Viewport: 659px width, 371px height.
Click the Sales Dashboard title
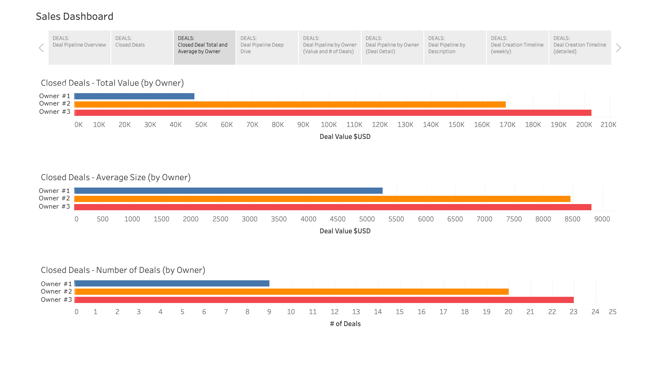pyautogui.click(x=75, y=16)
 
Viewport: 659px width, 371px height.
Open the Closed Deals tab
pyautogui.click(x=142, y=47)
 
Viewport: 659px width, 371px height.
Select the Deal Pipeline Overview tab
pyautogui.click(x=79, y=47)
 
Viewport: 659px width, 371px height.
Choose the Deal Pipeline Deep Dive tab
pyautogui.click(x=267, y=47)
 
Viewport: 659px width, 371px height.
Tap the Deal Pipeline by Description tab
pyautogui.click(x=455, y=47)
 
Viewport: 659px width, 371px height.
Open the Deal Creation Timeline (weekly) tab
pyautogui.click(x=517, y=47)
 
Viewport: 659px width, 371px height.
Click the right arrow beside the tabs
pyautogui.click(x=618, y=48)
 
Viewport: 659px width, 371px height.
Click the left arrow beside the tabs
pyautogui.click(x=41, y=48)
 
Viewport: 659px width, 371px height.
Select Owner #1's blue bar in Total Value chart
pyautogui.click(x=134, y=96)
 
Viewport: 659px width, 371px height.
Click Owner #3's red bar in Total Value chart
pyautogui.click(x=333, y=113)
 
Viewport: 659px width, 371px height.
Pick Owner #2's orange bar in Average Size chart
pyautogui.click(x=322, y=199)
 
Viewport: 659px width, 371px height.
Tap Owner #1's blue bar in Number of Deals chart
pyautogui.click(x=172, y=284)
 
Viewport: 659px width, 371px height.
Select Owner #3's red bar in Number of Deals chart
pyautogui.click(x=324, y=300)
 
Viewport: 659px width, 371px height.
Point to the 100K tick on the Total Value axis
pyautogui.click(x=329, y=124)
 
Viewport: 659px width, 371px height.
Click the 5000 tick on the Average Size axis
pyautogui.click(x=367, y=219)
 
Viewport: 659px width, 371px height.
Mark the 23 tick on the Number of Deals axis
pyautogui.click(x=573, y=312)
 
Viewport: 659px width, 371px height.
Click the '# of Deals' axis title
pyautogui.click(x=345, y=324)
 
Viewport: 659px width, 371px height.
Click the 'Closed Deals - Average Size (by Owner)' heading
pyautogui.click(x=116, y=177)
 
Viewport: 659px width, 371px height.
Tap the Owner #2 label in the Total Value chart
pyautogui.click(x=55, y=103)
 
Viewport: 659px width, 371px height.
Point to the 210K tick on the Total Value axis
pyautogui.click(x=608, y=124)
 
